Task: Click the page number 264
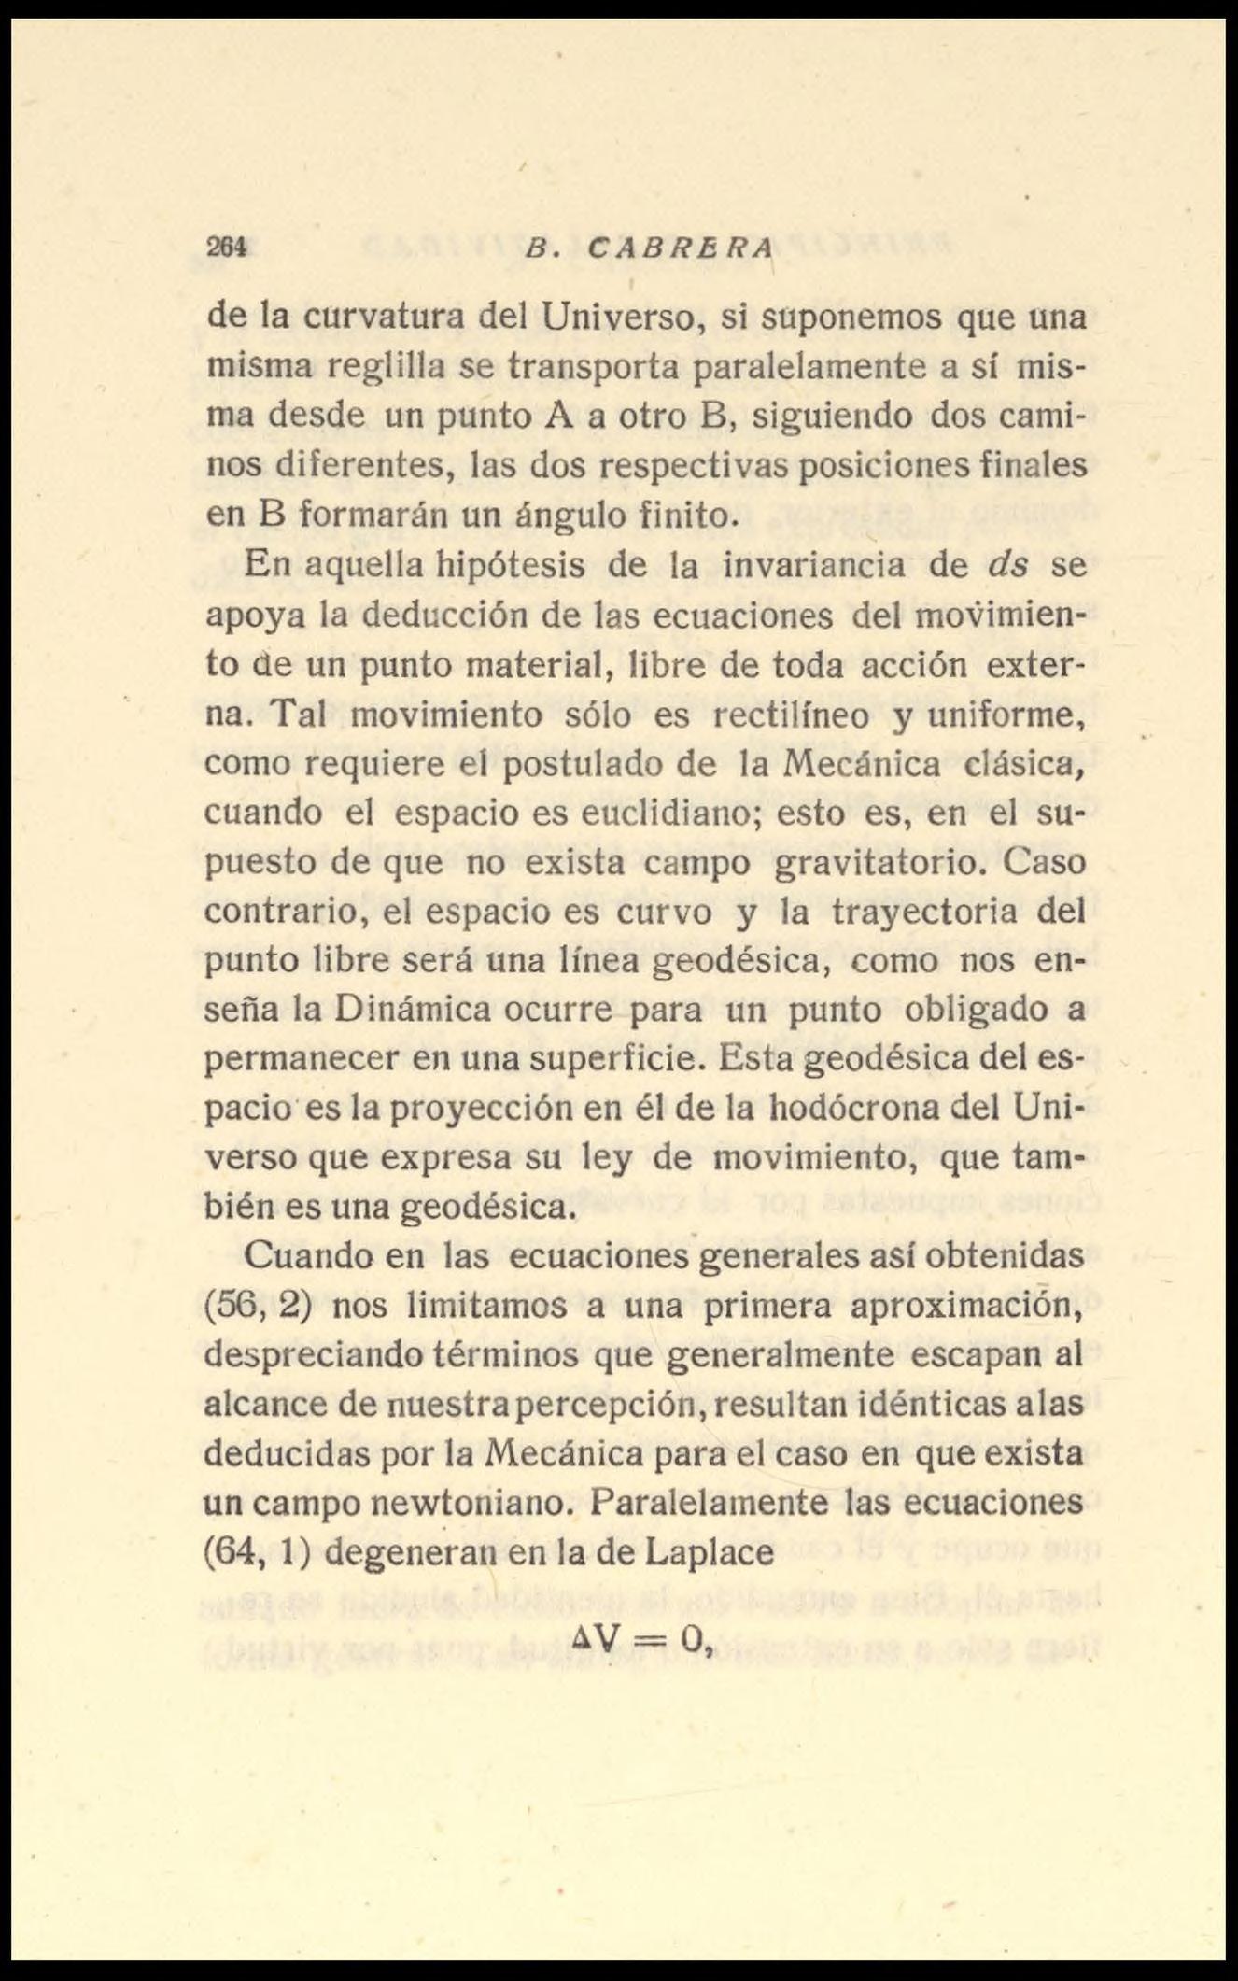(226, 248)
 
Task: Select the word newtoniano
(467, 1503)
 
